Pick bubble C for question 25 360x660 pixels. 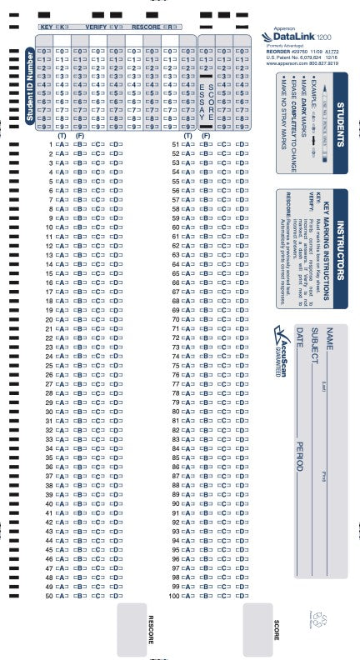point(98,365)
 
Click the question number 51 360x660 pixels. point(175,143)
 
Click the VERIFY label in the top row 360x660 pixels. point(97,27)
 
